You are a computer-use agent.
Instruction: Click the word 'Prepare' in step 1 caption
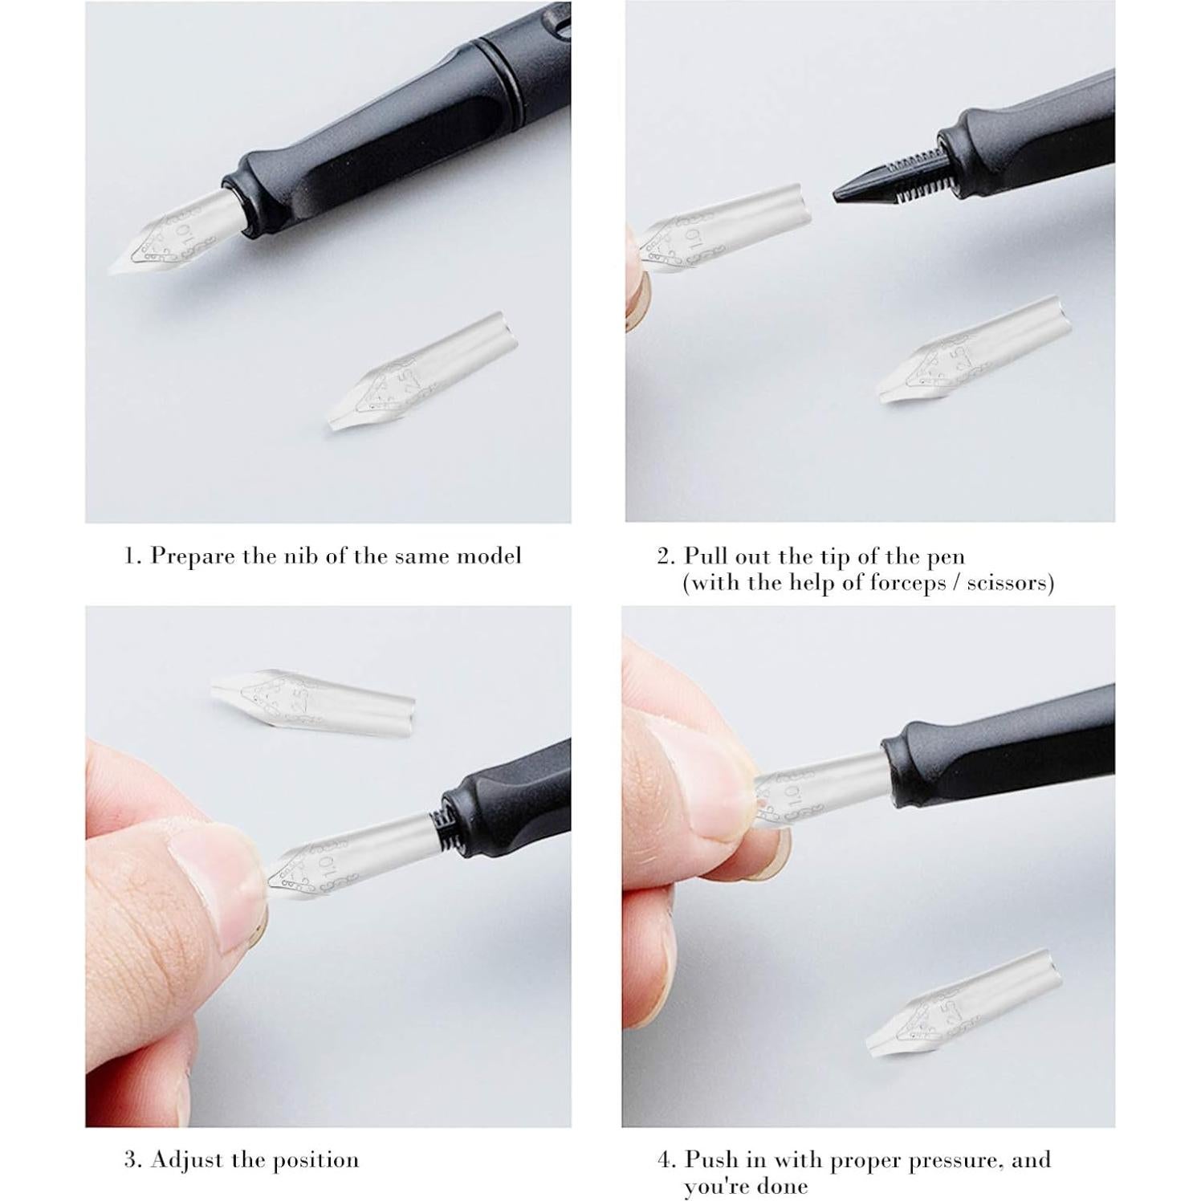coord(193,556)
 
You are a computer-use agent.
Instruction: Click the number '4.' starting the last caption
coord(666,1160)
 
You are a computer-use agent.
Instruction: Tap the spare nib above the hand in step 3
coord(313,694)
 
